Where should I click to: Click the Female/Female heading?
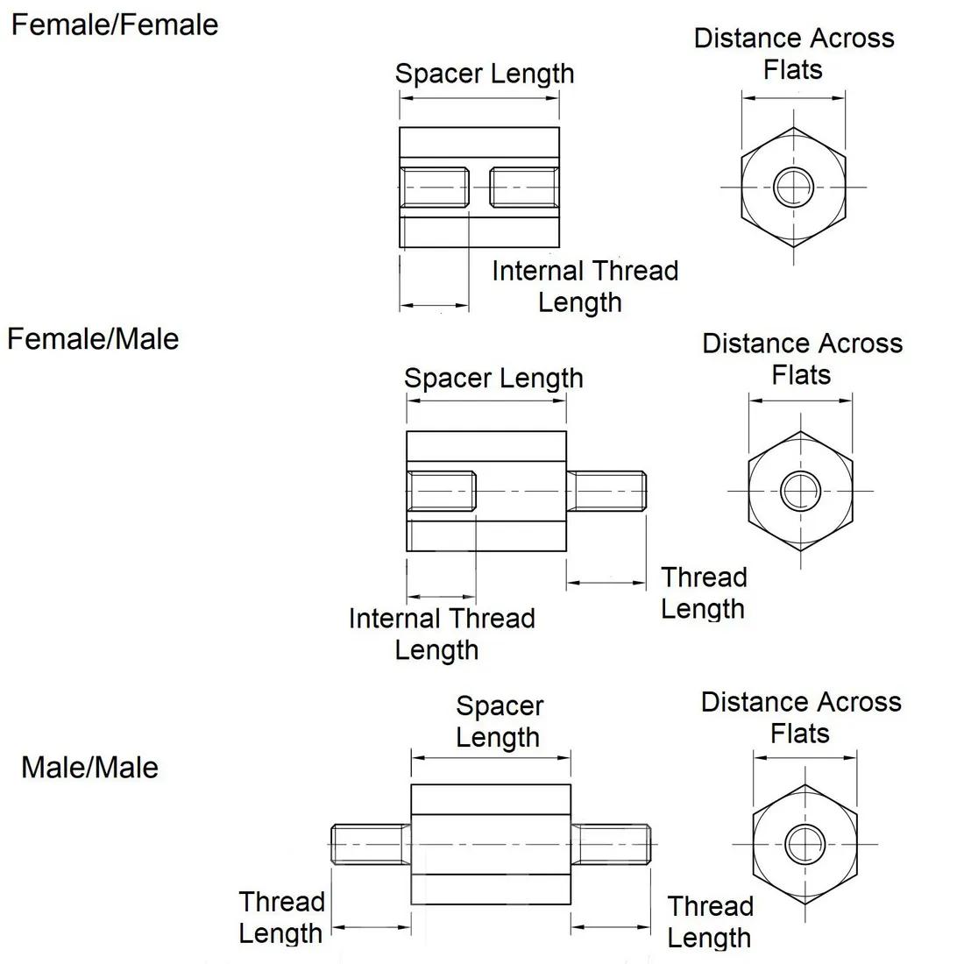(x=114, y=25)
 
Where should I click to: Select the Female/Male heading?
(x=93, y=338)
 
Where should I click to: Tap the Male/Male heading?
(x=90, y=768)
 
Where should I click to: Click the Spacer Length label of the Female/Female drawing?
(x=485, y=74)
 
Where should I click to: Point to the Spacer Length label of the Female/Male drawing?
(x=493, y=379)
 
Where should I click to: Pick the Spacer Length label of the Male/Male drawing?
(x=500, y=721)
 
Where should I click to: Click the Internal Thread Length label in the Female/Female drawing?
(x=585, y=286)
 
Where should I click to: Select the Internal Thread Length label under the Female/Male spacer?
(x=441, y=634)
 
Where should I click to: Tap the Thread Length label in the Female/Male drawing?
(x=704, y=592)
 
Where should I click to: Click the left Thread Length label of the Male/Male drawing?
(x=281, y=917)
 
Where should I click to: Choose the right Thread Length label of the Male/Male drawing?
(x=710, y=921)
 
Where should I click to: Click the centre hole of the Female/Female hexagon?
(x=794, y=187)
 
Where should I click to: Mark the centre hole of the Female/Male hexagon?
(x=800, y=491)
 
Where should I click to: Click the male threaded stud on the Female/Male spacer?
(x=606, y=491)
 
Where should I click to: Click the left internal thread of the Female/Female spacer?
(x=434, y=188)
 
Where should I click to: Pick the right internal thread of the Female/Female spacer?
(x=524, y=188)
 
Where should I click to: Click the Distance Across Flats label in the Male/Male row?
(x=801, y=717)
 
